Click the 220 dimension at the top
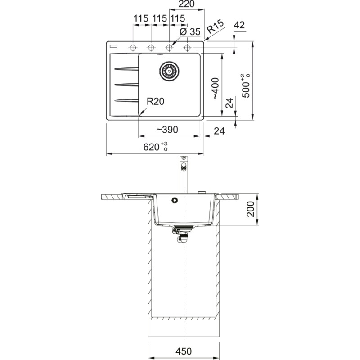coord(186,4)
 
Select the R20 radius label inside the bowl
coord(156,102)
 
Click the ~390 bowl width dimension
coord(167,130)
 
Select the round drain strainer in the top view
coord(170,71)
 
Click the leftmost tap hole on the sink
coord(133,47)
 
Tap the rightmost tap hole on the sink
coord(187,47)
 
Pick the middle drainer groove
coord(126,84)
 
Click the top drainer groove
coord(126,69)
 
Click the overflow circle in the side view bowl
coord(174,200)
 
